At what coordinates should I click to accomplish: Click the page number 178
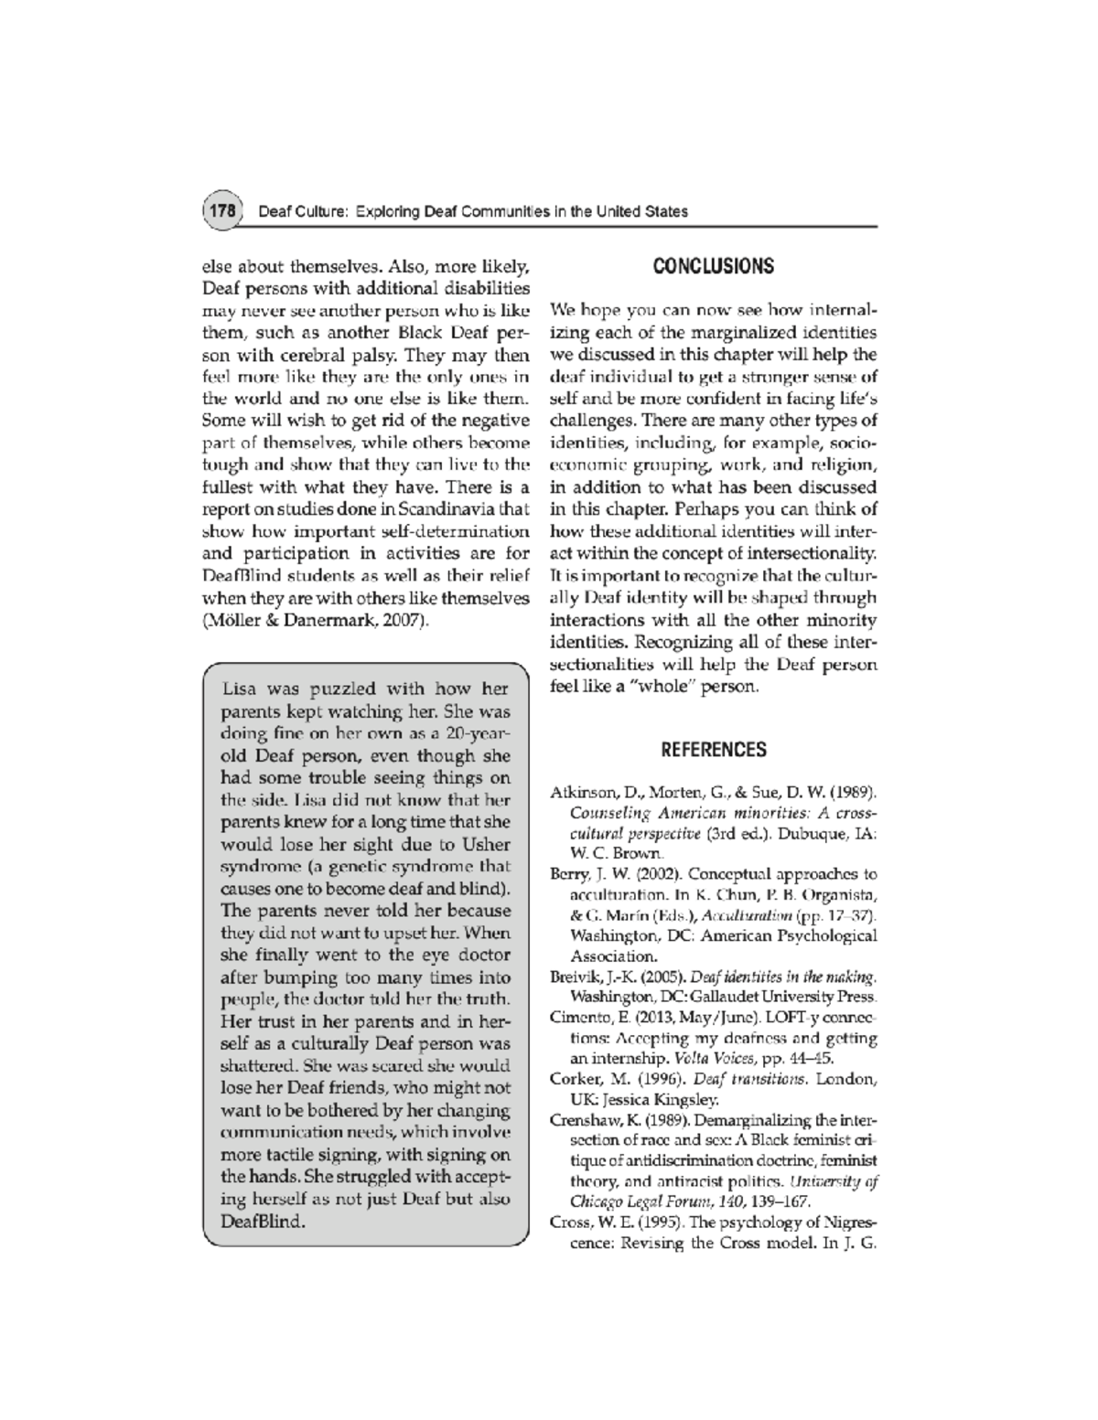[221, 211]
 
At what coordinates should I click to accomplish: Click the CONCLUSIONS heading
[713, 266]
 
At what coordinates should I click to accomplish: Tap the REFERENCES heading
[713, 750]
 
